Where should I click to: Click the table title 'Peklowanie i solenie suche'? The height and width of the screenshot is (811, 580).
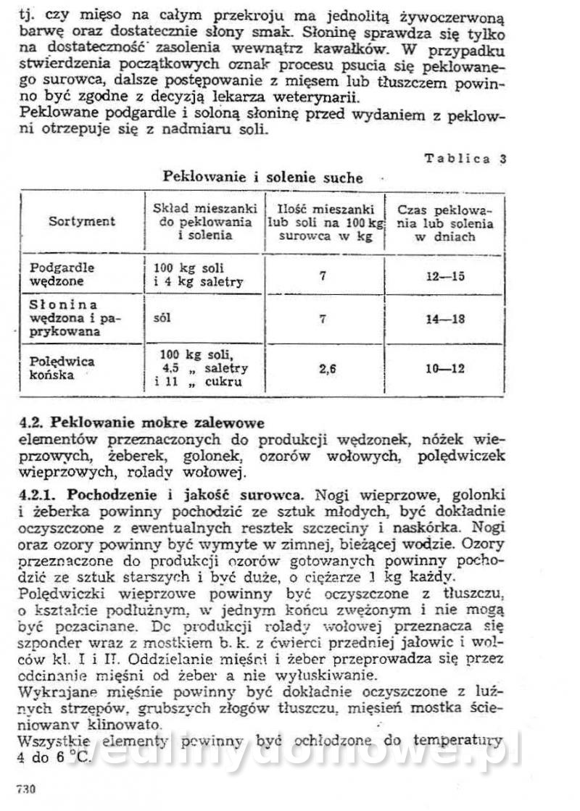pos(262,177)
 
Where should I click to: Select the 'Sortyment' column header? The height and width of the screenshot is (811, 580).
pos(82,222)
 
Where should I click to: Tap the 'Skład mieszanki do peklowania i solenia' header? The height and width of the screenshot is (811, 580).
pos(204,222)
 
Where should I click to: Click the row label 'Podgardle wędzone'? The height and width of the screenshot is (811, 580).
pos(62,274)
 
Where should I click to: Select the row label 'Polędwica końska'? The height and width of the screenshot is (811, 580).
pos(62,368)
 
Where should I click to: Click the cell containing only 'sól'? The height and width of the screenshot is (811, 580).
pos(164,318)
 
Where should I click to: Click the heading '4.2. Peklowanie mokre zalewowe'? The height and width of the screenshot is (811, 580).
pos(142,422)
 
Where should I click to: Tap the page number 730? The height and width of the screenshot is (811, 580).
pos(26,789)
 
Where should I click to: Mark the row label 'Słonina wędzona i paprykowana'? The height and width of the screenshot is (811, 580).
pos(72,318)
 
